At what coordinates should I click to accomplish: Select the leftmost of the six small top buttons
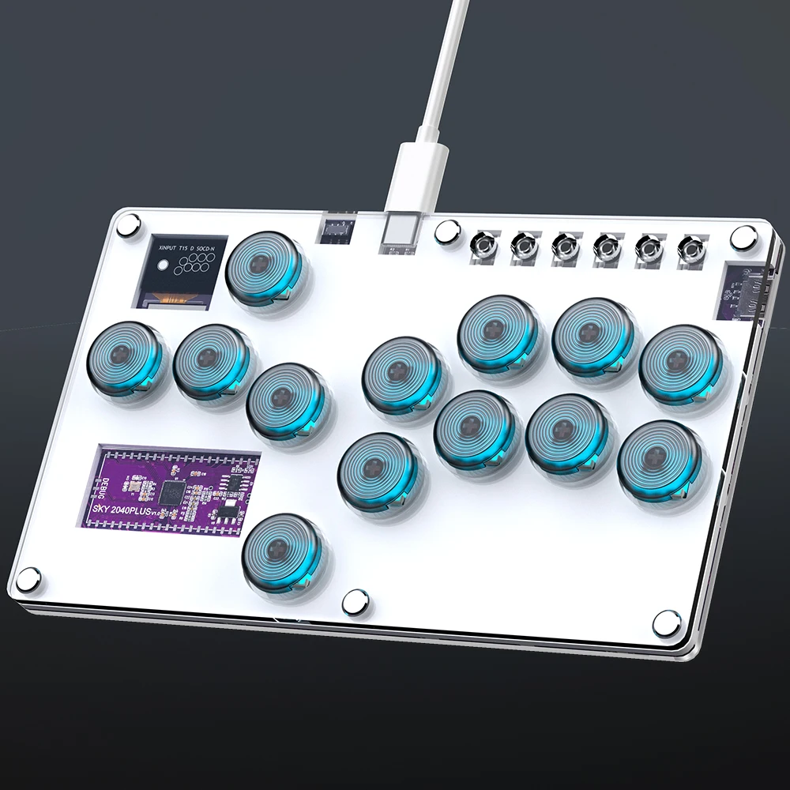(x=482, y=247)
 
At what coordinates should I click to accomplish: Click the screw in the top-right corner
(x=743, y=236)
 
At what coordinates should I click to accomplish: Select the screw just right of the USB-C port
(x=447, y=231)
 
